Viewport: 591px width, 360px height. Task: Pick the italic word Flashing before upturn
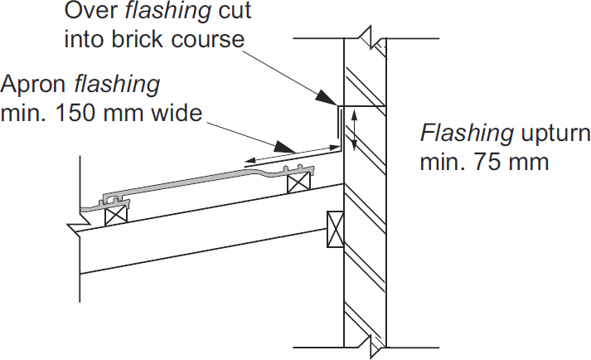467,134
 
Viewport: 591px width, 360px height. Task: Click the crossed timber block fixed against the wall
335,229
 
